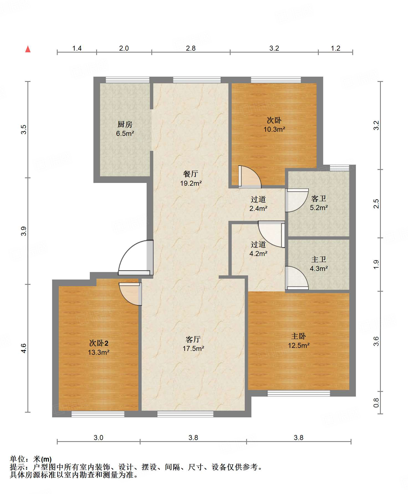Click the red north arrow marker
point(28,49)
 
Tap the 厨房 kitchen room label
point(125,125)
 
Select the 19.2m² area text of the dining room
point(191,183)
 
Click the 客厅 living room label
point(193,339)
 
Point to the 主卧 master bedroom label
point(299,336)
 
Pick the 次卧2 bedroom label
point(99,343)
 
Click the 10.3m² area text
point(274,129)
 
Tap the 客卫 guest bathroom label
point(319,198)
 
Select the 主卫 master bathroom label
point(319,259)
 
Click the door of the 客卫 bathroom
point(297,200)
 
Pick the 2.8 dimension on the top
point(191,48)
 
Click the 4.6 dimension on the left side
point(24,348)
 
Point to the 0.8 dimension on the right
point(376,403)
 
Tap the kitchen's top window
point(127,80)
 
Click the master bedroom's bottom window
point(299,393)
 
